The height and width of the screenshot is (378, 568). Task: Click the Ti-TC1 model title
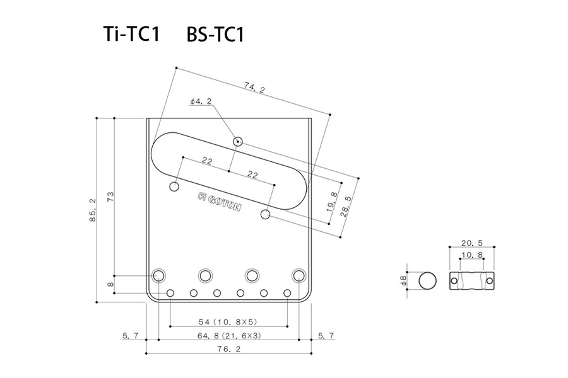coord(131,34)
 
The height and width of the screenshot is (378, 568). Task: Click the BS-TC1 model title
coord(216,35)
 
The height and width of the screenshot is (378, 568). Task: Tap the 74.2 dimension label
coord(254,88)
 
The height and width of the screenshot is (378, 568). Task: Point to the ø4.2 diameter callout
coord(201,101)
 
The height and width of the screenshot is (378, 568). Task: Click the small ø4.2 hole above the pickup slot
coord(238,141)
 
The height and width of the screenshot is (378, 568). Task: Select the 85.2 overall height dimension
coord(93,210)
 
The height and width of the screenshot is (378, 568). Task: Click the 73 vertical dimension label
coord(110,197)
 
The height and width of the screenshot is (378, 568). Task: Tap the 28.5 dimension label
coord(346,206)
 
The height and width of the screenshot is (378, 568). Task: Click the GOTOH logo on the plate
coord(220,202)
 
